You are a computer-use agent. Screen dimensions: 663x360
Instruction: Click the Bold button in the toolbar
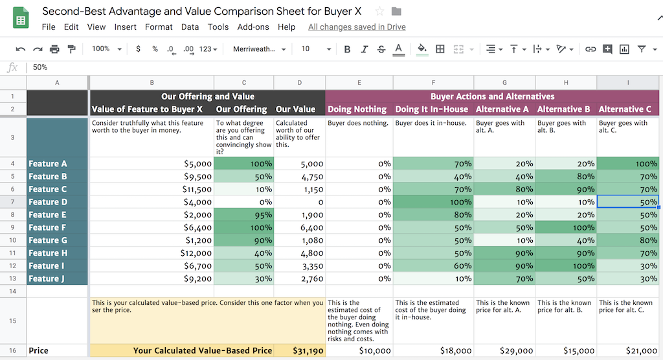pyautogui.click(x=347, y=49)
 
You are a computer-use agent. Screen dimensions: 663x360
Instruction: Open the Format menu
pyautogui.click(x=159, y=27)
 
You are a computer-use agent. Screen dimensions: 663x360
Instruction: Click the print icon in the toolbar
pyautogui.click(x=54, y=49)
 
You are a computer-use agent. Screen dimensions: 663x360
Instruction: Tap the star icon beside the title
pyautogui.click(x=379, y=12)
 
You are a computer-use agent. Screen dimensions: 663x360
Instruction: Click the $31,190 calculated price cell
pyautogui.click(x=300, y=351)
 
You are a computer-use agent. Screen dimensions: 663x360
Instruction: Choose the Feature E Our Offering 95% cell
pyautogui.click(x=244, y=215)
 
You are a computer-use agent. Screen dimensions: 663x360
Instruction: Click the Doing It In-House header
pyautogui.click(x=432, y=109)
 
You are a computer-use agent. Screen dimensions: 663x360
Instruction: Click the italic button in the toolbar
pyautogui.click(x=364, y=49)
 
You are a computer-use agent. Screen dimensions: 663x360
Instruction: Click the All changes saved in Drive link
pyautogui.click(x=357, y=27)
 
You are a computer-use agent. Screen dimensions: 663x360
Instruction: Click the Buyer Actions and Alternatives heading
pyautogui.click(x=492, y=96)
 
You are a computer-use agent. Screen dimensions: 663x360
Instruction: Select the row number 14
pyautogui.click(x=13, y=291)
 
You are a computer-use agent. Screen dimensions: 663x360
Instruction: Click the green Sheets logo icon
pyautogui.click(x=21, y=18)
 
